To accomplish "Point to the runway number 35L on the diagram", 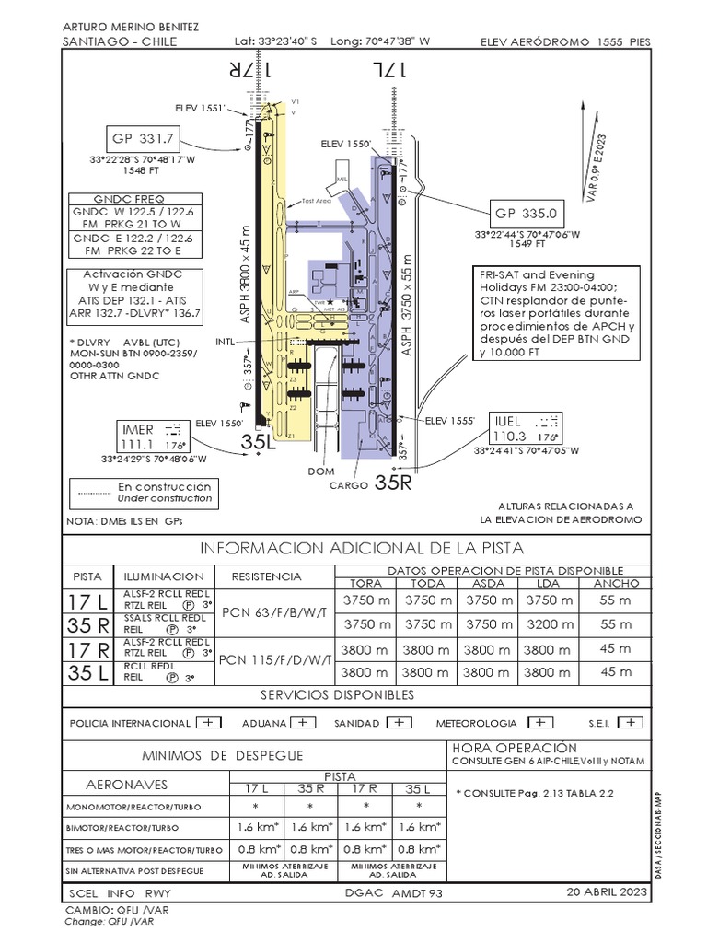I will (259, 443).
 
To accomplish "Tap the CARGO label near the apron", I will (349, 484).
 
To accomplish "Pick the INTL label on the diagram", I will (226, 341).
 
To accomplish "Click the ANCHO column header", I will (616, 583).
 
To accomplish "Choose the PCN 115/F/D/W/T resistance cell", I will (275, 659).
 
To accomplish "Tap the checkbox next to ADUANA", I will (305, 723).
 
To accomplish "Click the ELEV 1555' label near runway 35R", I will (449, 420).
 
